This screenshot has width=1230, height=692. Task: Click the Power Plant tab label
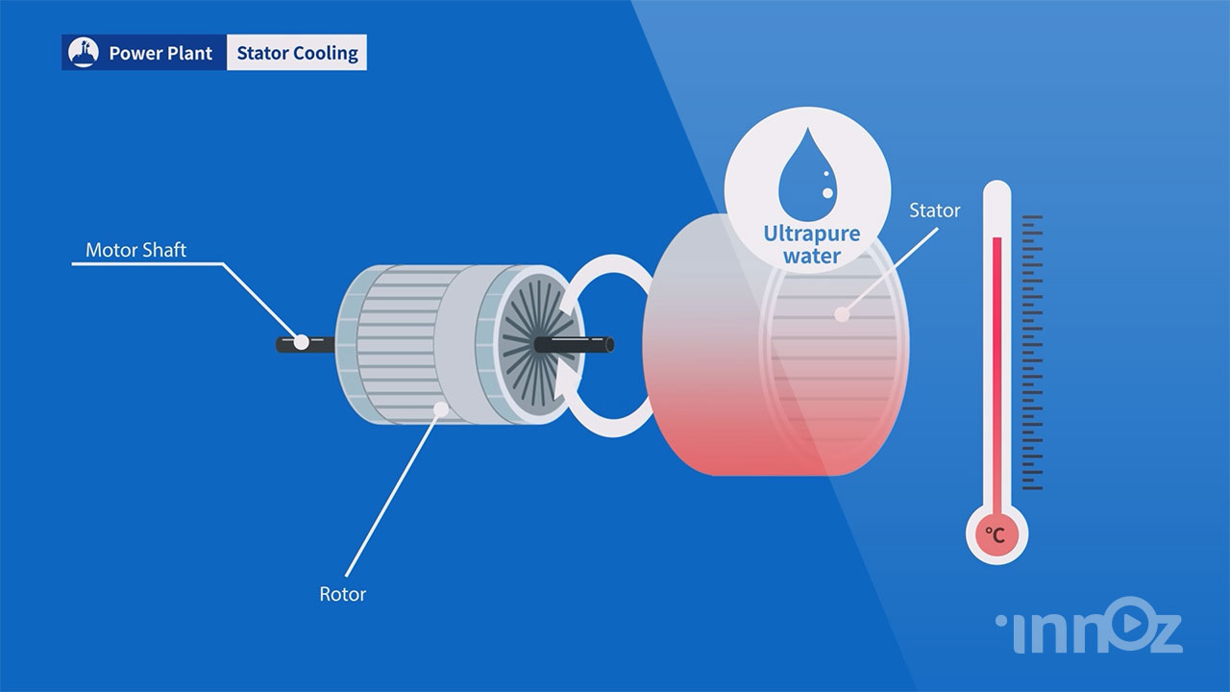click(160, 53)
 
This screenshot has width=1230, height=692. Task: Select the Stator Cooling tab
click(297, 53)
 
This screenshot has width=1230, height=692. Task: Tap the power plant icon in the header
click(85, 53)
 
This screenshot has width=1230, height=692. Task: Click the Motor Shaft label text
click(135, 250)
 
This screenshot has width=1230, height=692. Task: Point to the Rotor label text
click(342, 594)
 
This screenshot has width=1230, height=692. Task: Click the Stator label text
click(934, 210)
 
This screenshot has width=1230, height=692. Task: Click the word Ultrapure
click(811, 234)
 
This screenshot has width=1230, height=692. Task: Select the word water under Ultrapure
click(811, 257)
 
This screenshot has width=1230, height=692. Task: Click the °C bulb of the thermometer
click(996, 534)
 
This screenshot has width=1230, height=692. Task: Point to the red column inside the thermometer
click(997, 365)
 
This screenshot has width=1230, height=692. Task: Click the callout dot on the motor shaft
click(302, 341)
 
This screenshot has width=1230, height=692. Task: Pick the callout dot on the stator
click(843, 313)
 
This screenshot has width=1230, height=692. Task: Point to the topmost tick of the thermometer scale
click(1032, 217)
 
